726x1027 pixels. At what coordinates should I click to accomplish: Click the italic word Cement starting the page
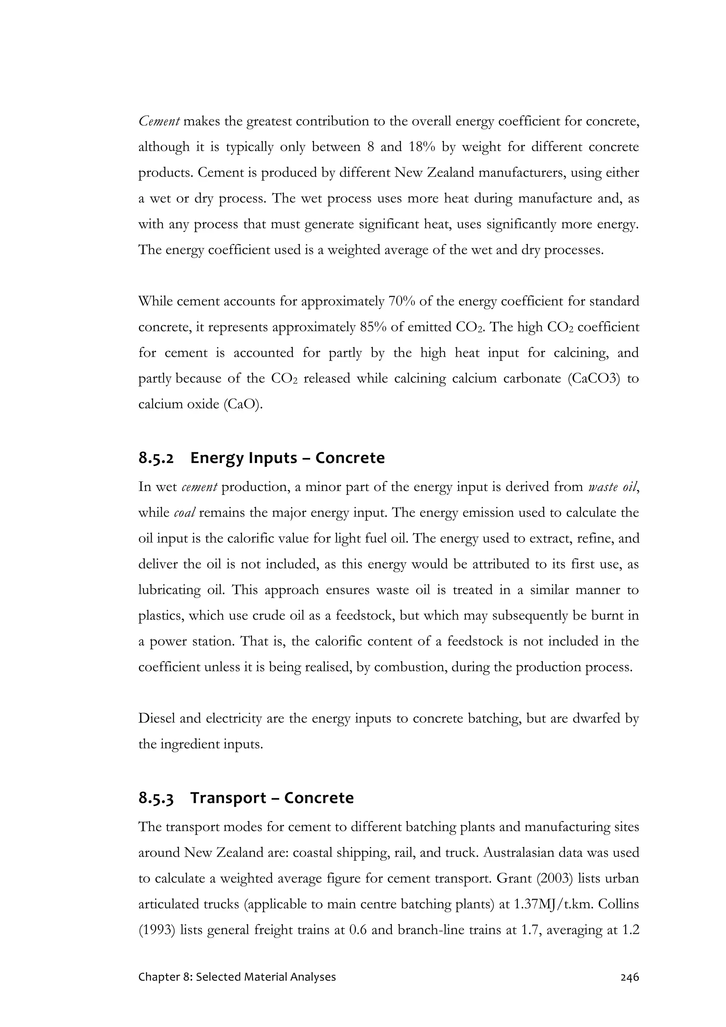(x=159, y=121)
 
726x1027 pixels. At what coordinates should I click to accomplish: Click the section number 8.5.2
(x=156, y=458)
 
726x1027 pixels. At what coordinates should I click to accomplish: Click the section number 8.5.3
(x=156, y=798)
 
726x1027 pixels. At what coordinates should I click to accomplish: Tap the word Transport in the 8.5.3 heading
(x=228, y=798)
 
